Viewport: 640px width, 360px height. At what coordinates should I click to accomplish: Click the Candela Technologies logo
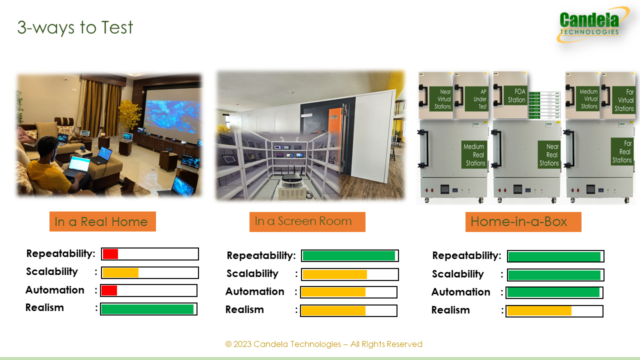[x=592, y=25]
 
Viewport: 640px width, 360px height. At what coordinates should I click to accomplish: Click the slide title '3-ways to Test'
[x=75, y=27]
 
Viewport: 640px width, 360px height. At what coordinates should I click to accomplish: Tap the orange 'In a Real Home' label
[x=102, y=221]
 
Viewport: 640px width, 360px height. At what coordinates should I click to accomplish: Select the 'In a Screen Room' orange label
[x=307, y=221]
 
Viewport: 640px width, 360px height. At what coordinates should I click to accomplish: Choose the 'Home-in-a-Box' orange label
[x=523, y=221]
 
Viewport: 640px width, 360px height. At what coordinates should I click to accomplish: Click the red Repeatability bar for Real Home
[x=110, y=254]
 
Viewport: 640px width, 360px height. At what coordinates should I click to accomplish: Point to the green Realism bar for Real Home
[x=147, y=309]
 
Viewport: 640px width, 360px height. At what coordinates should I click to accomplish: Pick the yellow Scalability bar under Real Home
[x=120, y=273]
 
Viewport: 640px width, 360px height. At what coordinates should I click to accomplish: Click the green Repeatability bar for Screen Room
[x=349, y=255]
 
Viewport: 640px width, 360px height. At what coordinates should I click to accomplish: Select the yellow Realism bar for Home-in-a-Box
[x=539, y=311]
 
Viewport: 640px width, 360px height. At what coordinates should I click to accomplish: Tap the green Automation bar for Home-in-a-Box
[x=553, y=292]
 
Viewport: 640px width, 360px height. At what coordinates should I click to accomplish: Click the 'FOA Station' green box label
[x=515, y=95]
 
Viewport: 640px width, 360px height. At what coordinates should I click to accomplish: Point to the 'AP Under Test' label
[x=476, y=99]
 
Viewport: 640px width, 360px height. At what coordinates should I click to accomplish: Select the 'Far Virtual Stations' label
[x=623, y=100]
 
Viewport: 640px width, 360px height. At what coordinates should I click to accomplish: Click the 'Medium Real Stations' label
[x=474, y=154]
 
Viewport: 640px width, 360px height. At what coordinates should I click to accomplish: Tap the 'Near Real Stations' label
[x=549, y=154]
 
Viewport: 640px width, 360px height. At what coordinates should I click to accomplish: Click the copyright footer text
[x=323, y=344]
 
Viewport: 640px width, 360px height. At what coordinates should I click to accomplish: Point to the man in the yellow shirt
[x=57, y=165]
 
